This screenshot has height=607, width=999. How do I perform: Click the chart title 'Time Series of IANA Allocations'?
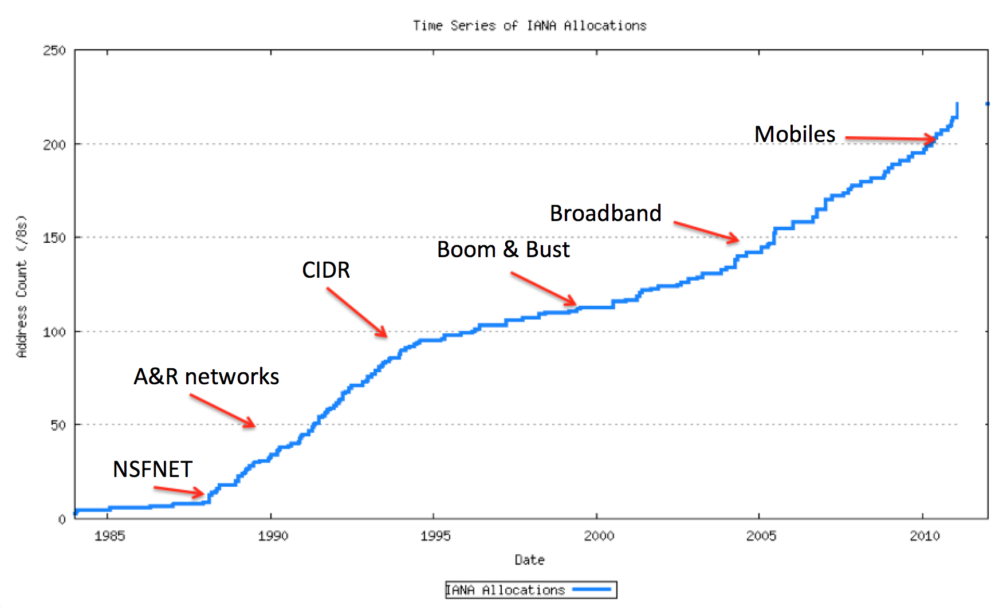[529, 26]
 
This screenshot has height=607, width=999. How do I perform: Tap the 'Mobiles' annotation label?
[795, 135]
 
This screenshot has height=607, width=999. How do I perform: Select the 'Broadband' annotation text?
[605, 214]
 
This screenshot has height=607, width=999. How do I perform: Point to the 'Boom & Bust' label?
[503, 250]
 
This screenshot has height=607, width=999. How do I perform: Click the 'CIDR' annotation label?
[326, 270]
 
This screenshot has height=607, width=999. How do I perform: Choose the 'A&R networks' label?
[206, 377]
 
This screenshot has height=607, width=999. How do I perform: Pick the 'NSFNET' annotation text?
[152, 470]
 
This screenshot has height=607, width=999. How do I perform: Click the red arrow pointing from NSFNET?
[179, 490]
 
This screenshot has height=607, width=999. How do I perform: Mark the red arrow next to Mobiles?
[891, 138]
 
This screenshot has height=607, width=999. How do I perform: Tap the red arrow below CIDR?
[357, 312]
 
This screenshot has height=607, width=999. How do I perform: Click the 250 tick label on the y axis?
[54, 50]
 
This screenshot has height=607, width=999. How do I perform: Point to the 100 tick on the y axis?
[54, 332]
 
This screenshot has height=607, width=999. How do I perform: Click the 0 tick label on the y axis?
[62, 519]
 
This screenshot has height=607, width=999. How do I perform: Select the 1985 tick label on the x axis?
[109, 536]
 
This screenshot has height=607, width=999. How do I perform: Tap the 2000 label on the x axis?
[599, 536]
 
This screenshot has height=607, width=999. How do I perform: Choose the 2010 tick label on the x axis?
[925, 536]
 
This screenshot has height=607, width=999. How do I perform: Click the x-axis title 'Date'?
[529, 560]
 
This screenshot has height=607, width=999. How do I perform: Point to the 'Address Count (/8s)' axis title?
[22, 286]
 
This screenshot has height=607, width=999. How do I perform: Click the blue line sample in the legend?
[592, 590]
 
